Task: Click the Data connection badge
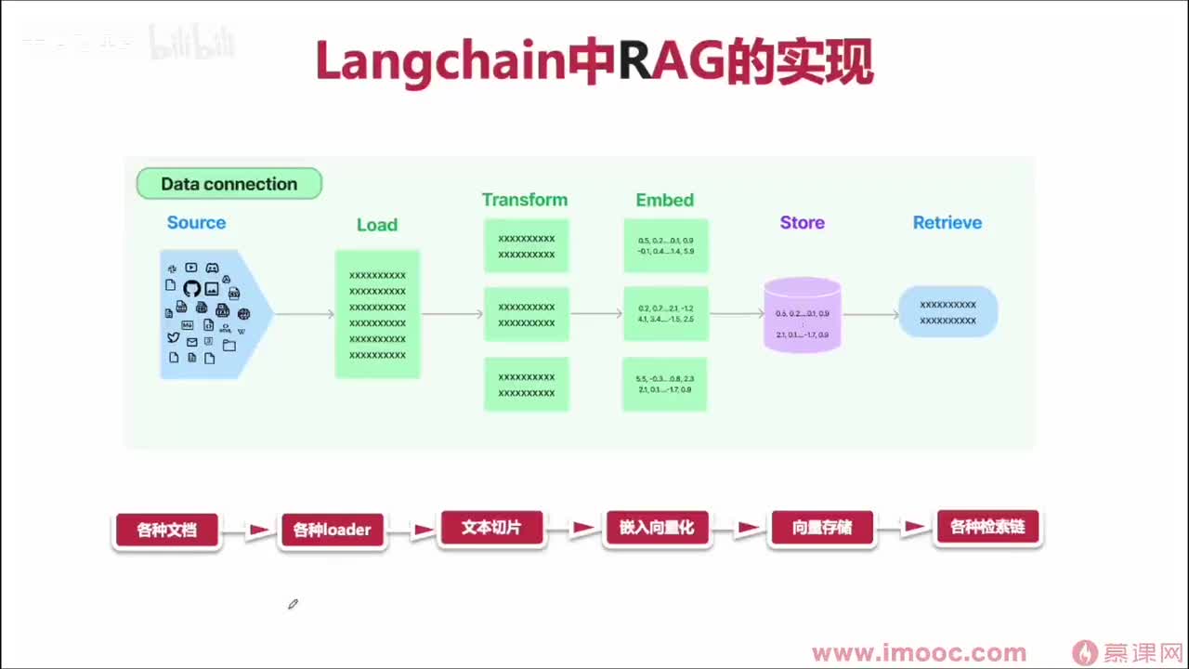pyautogui.click(x=229, y=184)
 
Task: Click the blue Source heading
pyautogui.click(x=196, y=223)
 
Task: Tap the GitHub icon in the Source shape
pyautogui.click(x=191, y=289)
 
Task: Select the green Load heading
pyautogui.click(x=376, y=225)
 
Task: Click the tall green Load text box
pyautogui.click(x=377, y=314)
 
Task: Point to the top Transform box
pyautogui.click(x=526, y=245)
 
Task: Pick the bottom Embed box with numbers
pyautogui.click(x=665, y=384)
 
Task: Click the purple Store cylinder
pyautogui.click(x=803, y=316)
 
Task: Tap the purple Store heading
pyautogui.click(x=803, y=223)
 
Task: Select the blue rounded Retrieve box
pyautogui.click(x=947, y=311)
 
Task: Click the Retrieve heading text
pyautogui.click(x=947, y=223)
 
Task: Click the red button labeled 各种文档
pyautogui.click(x=166, y=531)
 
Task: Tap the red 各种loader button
pyautogui.click(x=332, y=531)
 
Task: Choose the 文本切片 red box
pyautogui.click(x=491, y=528)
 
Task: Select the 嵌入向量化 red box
pyautogui.click(x=657, y=528)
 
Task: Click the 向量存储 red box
pyautogui.click(x=822, y=529)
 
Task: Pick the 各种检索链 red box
pyautogui.click(x=987, y=527)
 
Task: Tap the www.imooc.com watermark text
pyautogui.click(x=919, y=653)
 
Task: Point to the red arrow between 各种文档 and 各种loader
pyautogui.click(x=259, y=531)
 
